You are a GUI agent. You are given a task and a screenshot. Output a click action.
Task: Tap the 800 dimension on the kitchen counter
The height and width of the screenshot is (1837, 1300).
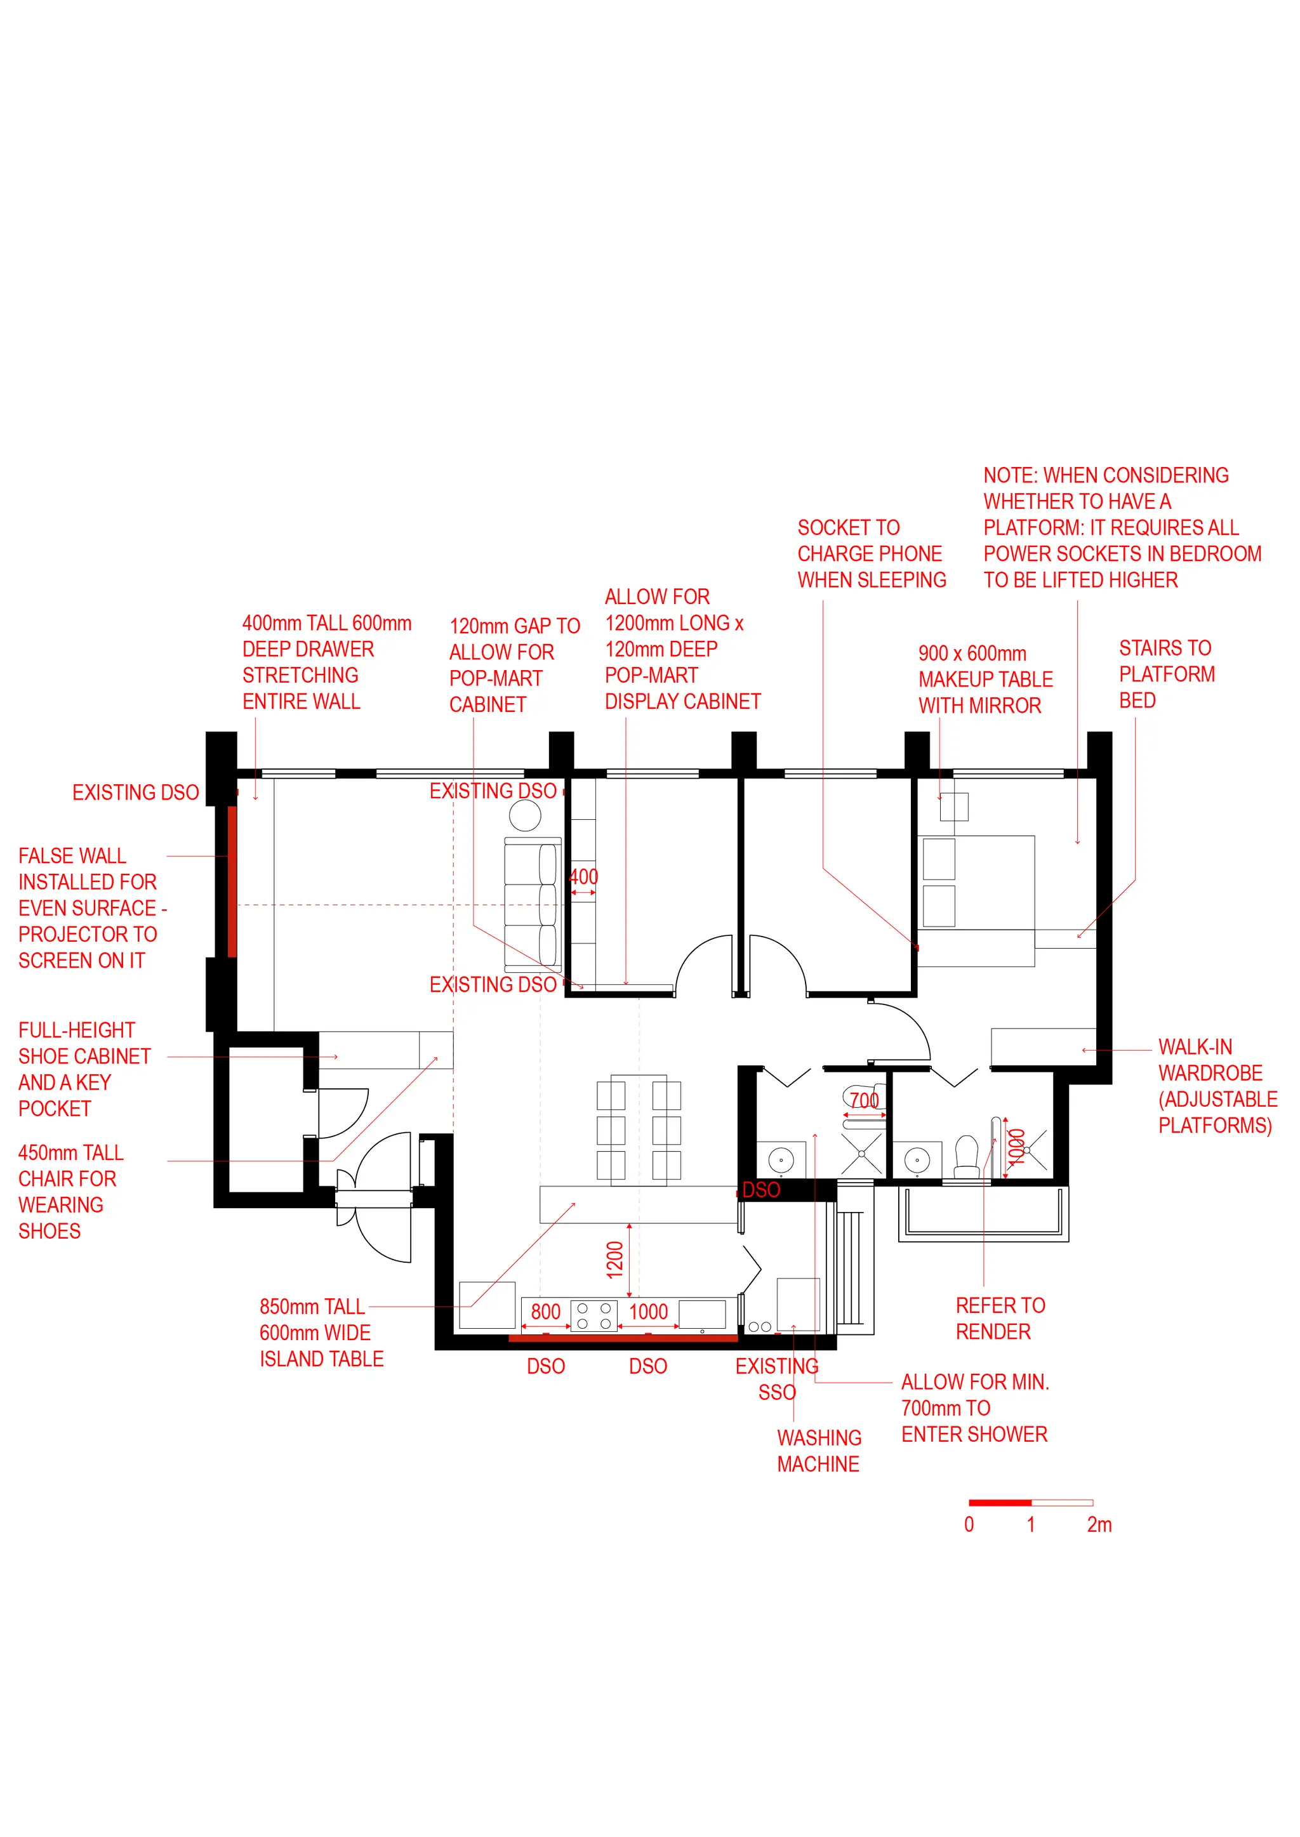click(545, 1312)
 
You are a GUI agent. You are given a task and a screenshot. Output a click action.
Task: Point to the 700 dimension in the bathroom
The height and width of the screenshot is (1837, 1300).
click(865, 1101)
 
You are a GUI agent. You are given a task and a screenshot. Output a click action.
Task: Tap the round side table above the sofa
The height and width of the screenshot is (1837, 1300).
click(525, 816)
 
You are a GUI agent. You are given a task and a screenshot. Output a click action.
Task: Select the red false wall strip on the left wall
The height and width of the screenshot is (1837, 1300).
click(232, 881)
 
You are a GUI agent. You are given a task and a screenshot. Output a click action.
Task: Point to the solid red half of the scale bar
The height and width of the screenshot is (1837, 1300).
click(1000, 1503)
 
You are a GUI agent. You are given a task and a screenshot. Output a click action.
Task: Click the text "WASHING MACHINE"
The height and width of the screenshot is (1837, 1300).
click(819, 1451)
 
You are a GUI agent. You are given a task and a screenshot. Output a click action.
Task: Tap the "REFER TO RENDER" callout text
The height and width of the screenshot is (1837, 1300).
click(1000, 1319)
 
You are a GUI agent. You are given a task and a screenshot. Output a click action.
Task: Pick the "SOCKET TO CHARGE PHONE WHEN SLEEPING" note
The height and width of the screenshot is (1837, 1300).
click(872, 554)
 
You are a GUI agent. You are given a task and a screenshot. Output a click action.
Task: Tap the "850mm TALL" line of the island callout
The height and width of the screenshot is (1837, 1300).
click(312, 1307)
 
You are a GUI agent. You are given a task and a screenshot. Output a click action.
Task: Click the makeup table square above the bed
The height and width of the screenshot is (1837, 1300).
click(954, 807)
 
